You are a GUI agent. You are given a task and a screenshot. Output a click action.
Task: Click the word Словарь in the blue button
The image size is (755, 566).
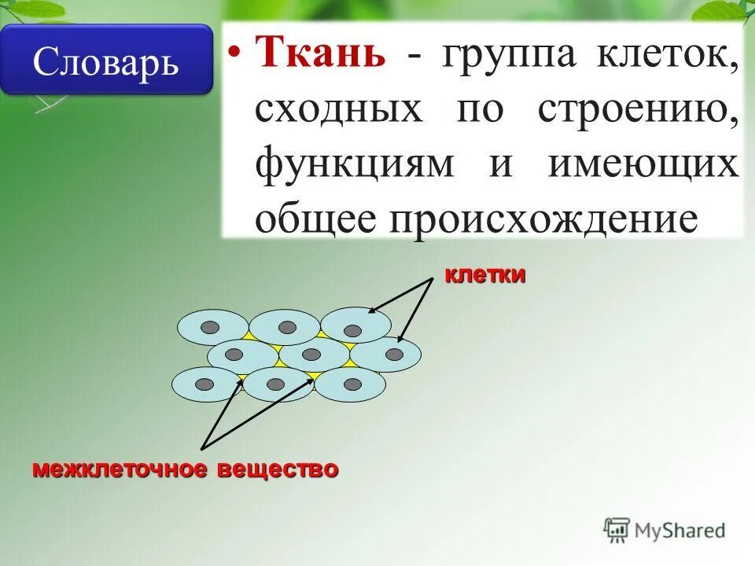click(105, 61)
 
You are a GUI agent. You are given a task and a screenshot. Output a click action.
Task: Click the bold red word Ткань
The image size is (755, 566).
click(320, 56)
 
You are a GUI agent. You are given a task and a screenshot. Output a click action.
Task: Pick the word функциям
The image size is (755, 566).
click(354, 164)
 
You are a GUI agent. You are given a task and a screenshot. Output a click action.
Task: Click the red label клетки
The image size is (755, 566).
click(484, 275)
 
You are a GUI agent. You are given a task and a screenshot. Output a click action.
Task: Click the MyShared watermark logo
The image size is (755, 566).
click(665, 530)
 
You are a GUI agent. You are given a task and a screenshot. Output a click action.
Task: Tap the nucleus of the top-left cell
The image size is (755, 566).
click(210, 327)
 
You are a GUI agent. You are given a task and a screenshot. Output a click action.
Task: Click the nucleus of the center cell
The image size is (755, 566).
click(311, 355)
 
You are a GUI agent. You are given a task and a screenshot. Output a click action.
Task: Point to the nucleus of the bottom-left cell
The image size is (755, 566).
click(204, 384)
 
